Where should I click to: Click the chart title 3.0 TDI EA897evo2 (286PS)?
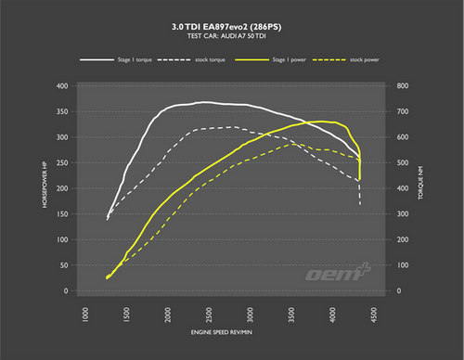pos(232,26)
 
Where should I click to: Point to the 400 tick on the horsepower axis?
pos(62,86)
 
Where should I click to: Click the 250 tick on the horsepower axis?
pos(62,163)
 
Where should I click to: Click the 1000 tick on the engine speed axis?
pos(85,315)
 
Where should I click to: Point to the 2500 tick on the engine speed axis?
pos(210,315)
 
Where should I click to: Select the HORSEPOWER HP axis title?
pos(44,189)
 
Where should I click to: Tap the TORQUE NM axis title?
pos(420,189)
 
